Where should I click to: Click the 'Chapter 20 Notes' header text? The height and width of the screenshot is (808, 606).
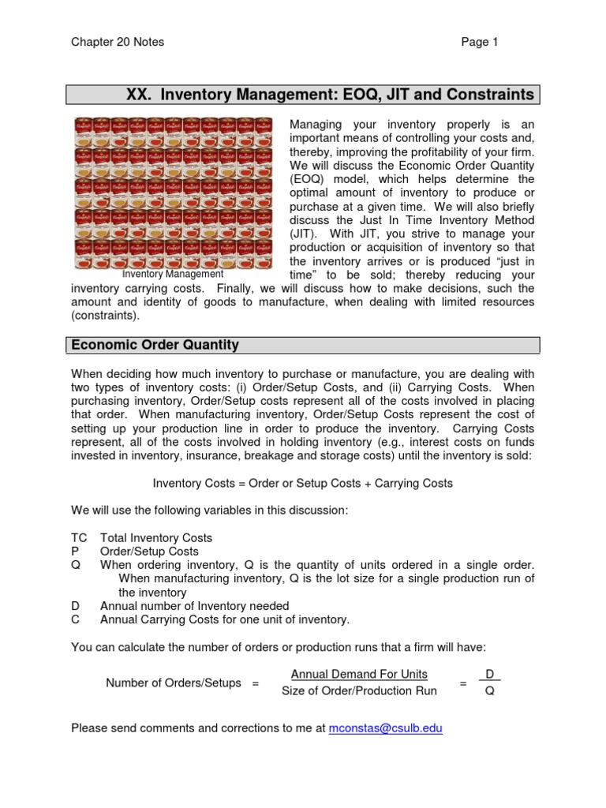coord(118,42)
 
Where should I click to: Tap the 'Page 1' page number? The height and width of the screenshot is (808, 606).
coord(480,42)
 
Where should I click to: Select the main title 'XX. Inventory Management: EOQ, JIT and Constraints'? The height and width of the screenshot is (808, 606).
coord(330,95)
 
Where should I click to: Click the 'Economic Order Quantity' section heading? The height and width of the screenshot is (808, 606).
coord(155,345)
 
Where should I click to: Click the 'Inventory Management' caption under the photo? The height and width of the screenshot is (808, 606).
coord(173,274)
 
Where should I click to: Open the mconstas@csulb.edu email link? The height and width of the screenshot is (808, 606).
coord(386,728)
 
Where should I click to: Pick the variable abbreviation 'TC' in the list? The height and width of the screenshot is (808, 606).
coord(79,537)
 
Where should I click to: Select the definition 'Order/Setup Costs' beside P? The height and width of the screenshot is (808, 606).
coord(149,552)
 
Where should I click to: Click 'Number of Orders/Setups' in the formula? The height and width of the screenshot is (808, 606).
coord(174,683)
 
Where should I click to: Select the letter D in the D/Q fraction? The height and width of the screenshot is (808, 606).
coord(490,674)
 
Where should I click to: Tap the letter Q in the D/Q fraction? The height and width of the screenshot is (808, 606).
coord(489,691)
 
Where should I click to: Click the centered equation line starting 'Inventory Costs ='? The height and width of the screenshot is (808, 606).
coord(303,483)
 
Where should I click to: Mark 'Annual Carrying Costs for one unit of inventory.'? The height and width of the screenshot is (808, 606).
coord(224,619)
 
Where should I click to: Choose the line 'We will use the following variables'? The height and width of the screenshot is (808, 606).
coord(209,511)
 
